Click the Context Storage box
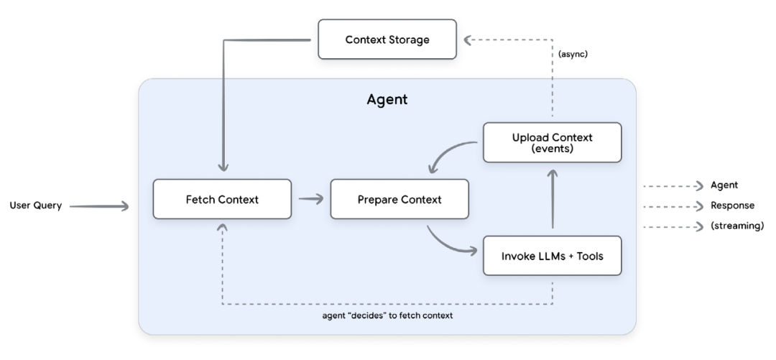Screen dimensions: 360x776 point(387,40)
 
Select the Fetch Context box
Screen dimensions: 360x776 point(222,199)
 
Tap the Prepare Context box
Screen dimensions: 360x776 point(399,199)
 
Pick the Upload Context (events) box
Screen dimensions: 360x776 point(552,142)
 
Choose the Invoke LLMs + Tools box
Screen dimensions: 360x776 point(552,255)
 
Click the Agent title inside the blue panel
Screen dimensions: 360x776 point(387,100)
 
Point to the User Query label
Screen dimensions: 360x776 point(35,206)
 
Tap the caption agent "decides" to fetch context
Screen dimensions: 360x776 point(387,315)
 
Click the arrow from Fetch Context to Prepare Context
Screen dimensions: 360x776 point(310,199)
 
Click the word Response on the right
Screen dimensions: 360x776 point(733,206)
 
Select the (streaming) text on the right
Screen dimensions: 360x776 point(737,226)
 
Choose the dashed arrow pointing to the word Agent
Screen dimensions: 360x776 point(671,185)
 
